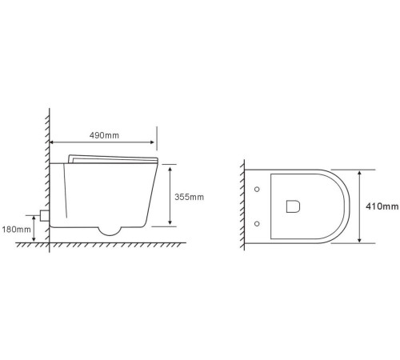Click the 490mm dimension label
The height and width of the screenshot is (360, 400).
tap(104, 135)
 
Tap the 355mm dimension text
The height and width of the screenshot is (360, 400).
tap(189, 197)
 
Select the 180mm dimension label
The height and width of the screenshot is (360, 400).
tap(16, 230)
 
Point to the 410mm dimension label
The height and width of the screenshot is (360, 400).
tap(382, 206)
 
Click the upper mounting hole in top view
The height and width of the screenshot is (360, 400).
tap(257, 190)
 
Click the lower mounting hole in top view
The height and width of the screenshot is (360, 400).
tap(257, 223)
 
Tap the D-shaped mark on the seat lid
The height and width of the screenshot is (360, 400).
tap(293, 206)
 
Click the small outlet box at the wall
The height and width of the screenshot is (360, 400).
tap(45, 215)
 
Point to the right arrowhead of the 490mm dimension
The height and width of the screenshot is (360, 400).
tap(152, 142)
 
